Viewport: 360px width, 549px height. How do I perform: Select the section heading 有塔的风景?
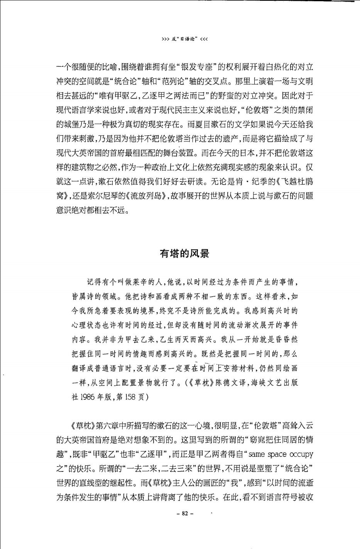pyautogui.click(x=184, y=253)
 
